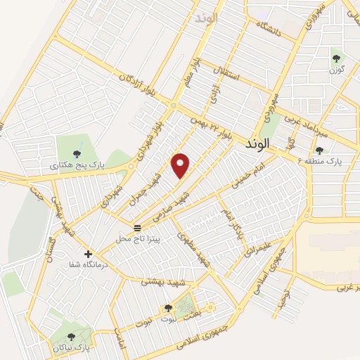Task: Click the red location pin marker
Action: point(181,165)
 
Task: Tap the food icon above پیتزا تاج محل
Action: point(139,228)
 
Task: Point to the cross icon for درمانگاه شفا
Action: point(88,254)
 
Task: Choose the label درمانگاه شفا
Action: point(86,265)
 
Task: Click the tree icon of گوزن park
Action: point(336,60)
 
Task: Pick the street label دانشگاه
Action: point(272,30)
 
